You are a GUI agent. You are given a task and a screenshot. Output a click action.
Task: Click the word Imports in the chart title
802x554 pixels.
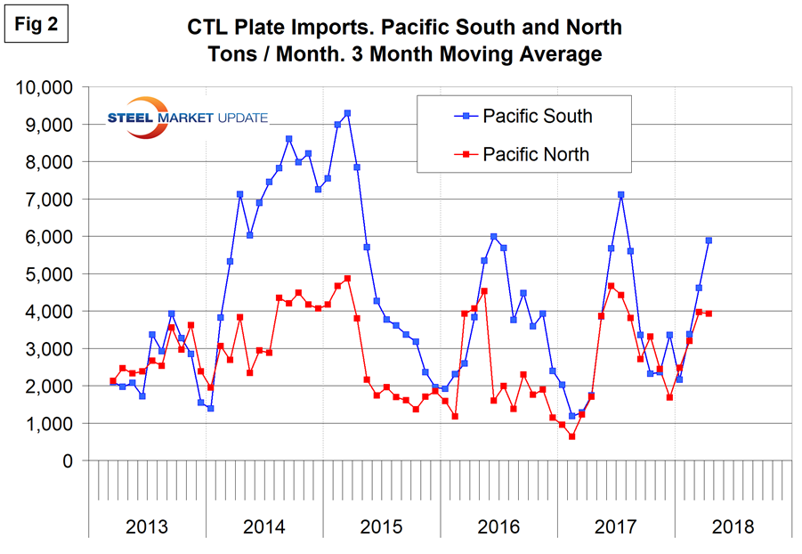[300, 27]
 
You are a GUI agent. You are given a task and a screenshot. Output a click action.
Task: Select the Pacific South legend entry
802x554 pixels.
[537, 116]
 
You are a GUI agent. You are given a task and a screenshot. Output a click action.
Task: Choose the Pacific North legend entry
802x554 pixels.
[536, 154]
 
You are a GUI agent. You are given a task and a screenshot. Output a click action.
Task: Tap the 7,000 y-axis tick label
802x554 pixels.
[50, 200]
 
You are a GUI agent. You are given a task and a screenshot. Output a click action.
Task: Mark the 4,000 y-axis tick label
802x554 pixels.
[50, 312]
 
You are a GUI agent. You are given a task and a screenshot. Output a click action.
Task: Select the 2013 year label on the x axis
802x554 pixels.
[148, 526]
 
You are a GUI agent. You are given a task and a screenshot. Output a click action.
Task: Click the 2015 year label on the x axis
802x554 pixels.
[382, 526]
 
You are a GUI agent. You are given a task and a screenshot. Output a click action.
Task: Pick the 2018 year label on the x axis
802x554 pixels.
[733, 526]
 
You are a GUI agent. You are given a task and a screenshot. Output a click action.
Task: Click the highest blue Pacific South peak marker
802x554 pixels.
[347, 113]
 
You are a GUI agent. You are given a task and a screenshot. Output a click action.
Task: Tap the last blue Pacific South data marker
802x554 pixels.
[709, 240]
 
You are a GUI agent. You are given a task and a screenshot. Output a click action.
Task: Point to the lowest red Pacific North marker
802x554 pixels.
[572, 436]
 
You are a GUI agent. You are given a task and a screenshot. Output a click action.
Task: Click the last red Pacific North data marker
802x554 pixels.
[709, 314]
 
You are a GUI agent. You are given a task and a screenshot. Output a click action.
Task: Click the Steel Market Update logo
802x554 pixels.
[185, 118]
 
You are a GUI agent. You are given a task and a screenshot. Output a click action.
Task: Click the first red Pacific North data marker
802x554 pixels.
[113, 381]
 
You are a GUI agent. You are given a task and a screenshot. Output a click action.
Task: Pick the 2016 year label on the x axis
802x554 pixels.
[498, 526]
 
